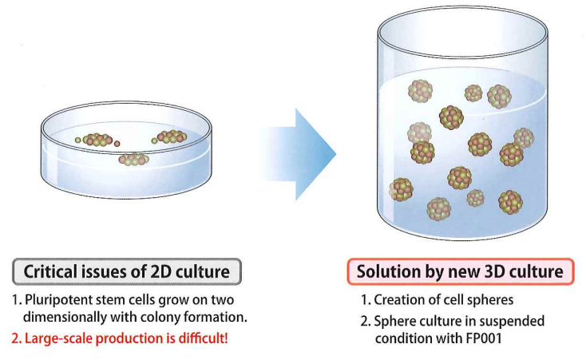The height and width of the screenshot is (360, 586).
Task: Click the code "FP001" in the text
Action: [484, 338]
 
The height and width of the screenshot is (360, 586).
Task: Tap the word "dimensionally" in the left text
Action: [64, 318]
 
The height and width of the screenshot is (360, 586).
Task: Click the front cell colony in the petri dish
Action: [134, 160]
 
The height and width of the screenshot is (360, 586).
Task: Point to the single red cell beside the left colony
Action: [117, 144]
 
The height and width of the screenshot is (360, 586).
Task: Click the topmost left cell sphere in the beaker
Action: [420, 91]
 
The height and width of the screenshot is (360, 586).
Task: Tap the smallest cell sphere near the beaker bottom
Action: [475, 198]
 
